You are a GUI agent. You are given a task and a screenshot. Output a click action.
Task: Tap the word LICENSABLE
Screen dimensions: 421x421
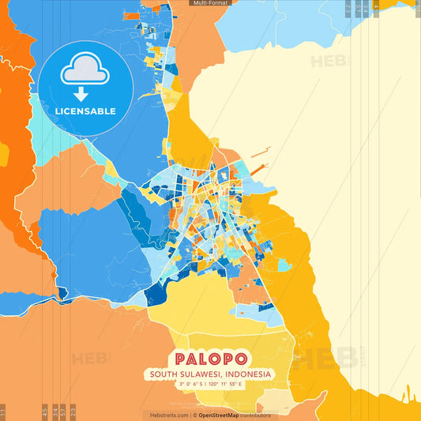tap(85, 111)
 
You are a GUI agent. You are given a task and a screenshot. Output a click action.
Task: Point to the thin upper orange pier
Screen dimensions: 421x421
tap(260, 150)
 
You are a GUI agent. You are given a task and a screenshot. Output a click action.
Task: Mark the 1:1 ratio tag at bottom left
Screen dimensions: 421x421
tap(3, 412)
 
